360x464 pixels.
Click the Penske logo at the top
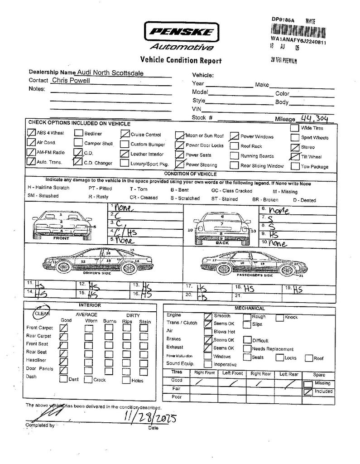click(x=181, y=31)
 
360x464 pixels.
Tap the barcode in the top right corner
click(x=298, y=31)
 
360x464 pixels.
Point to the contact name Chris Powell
click(x=71, y=80)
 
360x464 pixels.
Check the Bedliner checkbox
click(x=78, y=134)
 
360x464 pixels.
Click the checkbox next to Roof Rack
click(x=234, y=146)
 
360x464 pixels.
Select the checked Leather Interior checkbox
click(x=124, y=154)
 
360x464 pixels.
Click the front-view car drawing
click(x=62, y=225)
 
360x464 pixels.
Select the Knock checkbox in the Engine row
click(x=280, y=317)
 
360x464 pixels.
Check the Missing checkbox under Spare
click(x=308, y=383)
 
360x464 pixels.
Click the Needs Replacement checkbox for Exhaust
click(x=247, y=348)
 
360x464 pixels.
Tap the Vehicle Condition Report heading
click(x=181, y=60)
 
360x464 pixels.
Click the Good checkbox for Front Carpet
click(x=64, y=327)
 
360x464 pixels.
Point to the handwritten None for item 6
click(x=278, y=210)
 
